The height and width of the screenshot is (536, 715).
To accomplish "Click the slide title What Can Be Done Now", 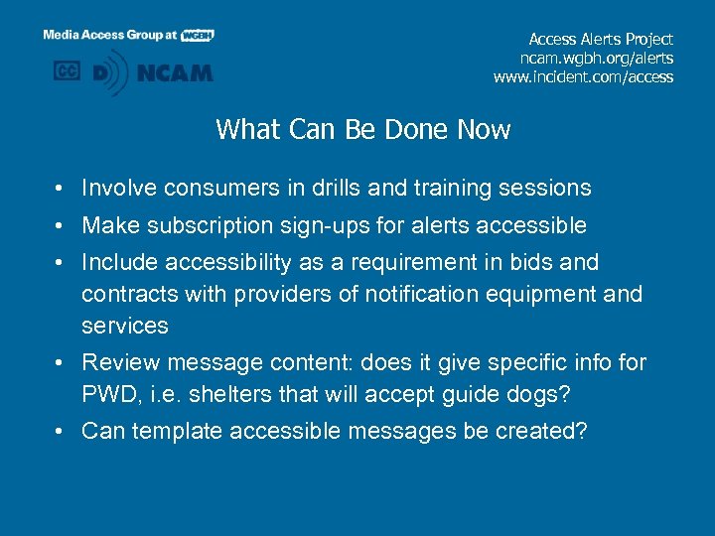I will [x=362, y=130].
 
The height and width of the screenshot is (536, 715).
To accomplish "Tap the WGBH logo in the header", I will [x=197, y=35].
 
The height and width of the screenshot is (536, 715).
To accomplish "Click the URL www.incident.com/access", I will [x=583, y=76].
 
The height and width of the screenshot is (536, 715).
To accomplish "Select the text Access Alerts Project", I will [x=601, y=39].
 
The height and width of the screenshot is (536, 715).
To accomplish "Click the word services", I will [x=125, y=326].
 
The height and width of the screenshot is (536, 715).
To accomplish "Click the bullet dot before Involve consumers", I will [x=61, y=189].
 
